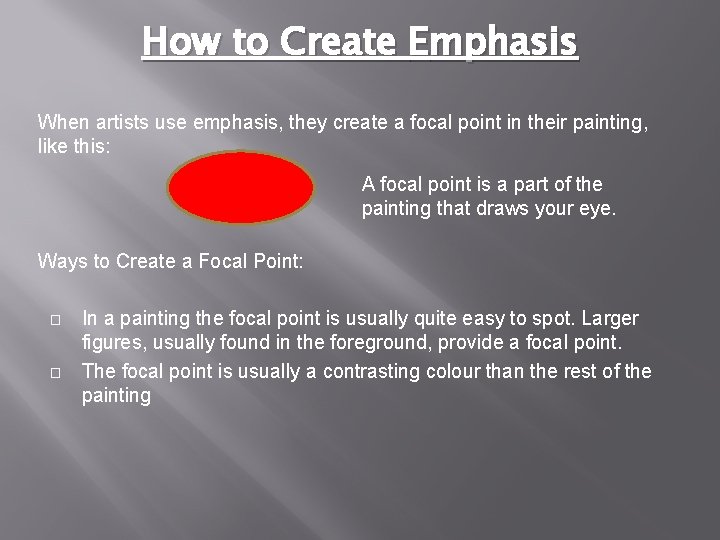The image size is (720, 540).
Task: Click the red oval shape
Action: pos(241,187)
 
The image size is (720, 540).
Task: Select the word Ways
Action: pos(61,262)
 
